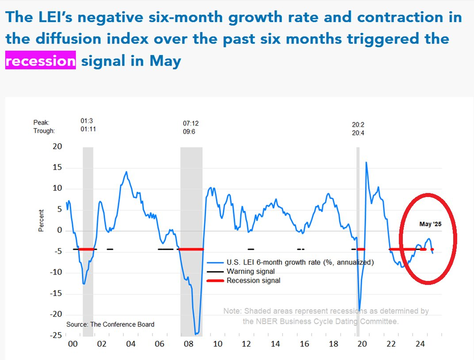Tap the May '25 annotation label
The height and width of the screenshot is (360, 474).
[430, 224]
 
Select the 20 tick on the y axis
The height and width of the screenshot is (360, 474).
[57, 147]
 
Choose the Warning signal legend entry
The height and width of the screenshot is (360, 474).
[250, 271]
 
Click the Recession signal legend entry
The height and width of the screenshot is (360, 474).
[253, 280]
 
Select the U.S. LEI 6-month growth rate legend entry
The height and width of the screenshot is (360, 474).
[300, 262]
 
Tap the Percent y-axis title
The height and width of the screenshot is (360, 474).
[41, 220]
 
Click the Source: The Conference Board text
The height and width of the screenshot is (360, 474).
[111, 324]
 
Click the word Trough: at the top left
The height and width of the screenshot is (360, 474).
[45, 131]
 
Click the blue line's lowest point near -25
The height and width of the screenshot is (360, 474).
[196, 334]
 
